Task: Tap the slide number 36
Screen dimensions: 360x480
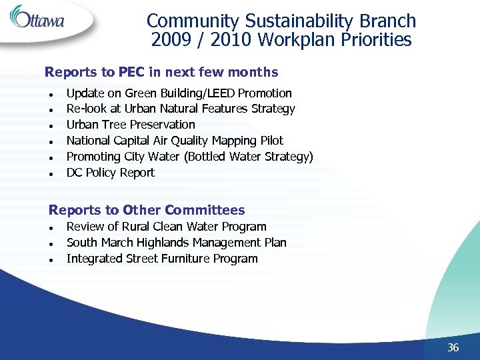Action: coord(453,347)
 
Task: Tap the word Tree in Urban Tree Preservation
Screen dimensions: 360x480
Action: coord(115,125)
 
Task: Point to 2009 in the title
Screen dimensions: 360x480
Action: coord(170,41)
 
